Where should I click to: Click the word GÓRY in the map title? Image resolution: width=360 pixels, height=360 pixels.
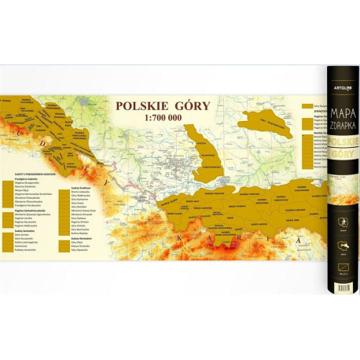pyautogui.click(x=186, y=107)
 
